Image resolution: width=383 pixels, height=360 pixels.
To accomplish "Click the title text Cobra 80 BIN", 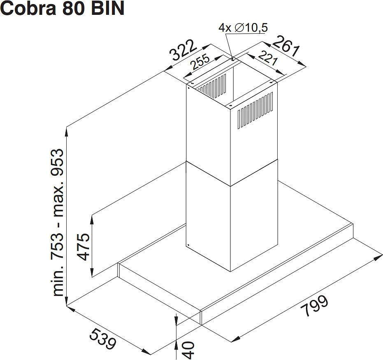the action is [63, 9].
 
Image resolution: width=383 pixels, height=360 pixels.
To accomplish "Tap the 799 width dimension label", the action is [314, 306].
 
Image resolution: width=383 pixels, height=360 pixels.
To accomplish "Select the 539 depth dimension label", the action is [102, 339].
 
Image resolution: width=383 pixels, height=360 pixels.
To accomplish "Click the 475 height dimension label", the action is [83, 247].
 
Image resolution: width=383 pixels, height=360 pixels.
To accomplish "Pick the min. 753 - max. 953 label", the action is [58, 223].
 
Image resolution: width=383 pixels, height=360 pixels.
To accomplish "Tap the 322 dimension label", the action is [183, 50].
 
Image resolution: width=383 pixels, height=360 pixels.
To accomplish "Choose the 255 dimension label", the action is [200, 62].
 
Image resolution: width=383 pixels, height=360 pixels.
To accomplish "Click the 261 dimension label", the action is [286, 46].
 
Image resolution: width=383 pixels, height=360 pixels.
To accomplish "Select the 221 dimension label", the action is [268, 58].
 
